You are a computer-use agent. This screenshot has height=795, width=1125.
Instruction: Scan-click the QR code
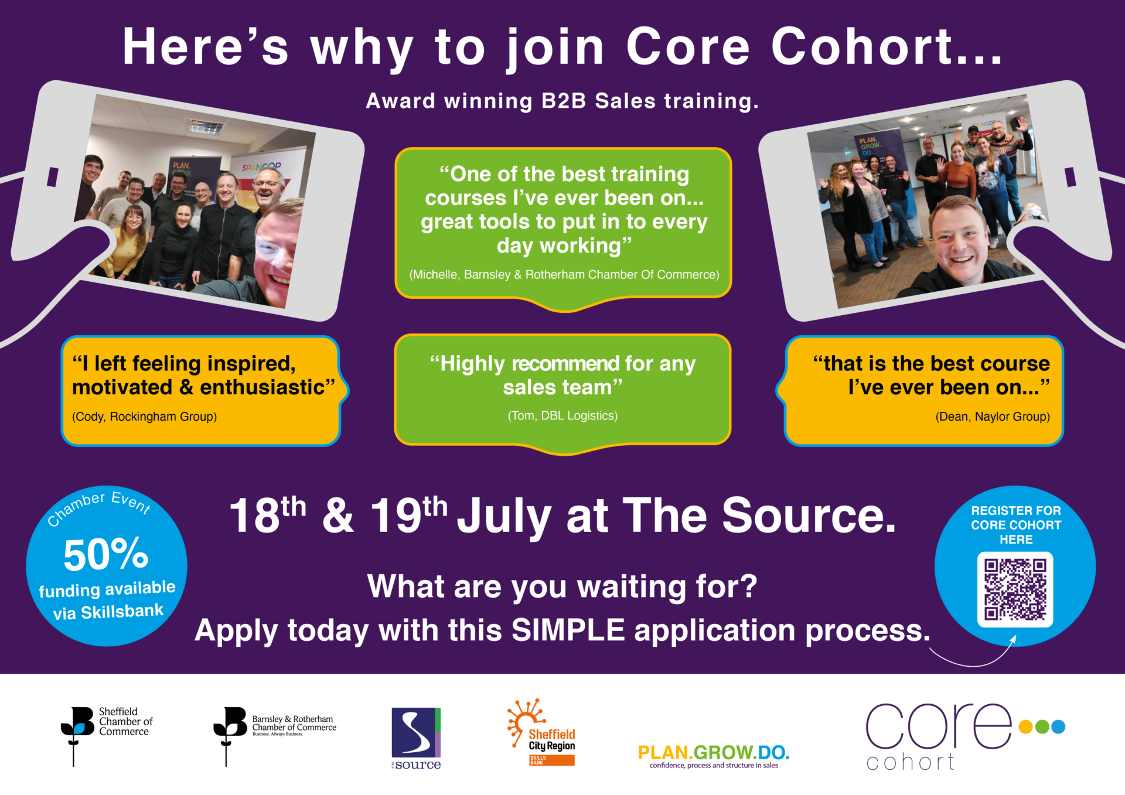(x=1015, y=589)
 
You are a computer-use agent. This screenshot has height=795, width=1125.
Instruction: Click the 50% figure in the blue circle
(x=106, y=554)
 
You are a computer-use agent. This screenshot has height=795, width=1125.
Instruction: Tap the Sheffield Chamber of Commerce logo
(x=107, y=736)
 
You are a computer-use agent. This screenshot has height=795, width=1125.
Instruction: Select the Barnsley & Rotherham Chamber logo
(x=275, y=736)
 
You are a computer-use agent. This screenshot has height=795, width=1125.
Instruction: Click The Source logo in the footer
(x=416, y=738)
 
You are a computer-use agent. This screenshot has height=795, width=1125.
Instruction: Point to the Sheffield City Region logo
(x=541, y=732)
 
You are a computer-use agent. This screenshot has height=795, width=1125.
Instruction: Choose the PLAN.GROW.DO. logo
(x=714, y=756)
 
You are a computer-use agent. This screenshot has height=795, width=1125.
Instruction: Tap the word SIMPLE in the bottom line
(x=568, y=630)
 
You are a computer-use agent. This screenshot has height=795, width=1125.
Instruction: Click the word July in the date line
(x=504, y=516)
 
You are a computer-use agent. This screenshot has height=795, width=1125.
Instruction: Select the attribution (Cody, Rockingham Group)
(x=144, y=417)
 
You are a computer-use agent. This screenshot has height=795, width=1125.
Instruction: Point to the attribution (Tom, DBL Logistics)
(x=562, y=416)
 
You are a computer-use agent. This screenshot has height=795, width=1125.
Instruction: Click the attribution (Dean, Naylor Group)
(x=993, y=417)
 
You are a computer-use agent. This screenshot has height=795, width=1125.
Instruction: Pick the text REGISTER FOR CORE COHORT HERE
(x=1016, y=525)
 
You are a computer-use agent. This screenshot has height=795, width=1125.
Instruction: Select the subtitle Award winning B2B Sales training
(x=562, y=101)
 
